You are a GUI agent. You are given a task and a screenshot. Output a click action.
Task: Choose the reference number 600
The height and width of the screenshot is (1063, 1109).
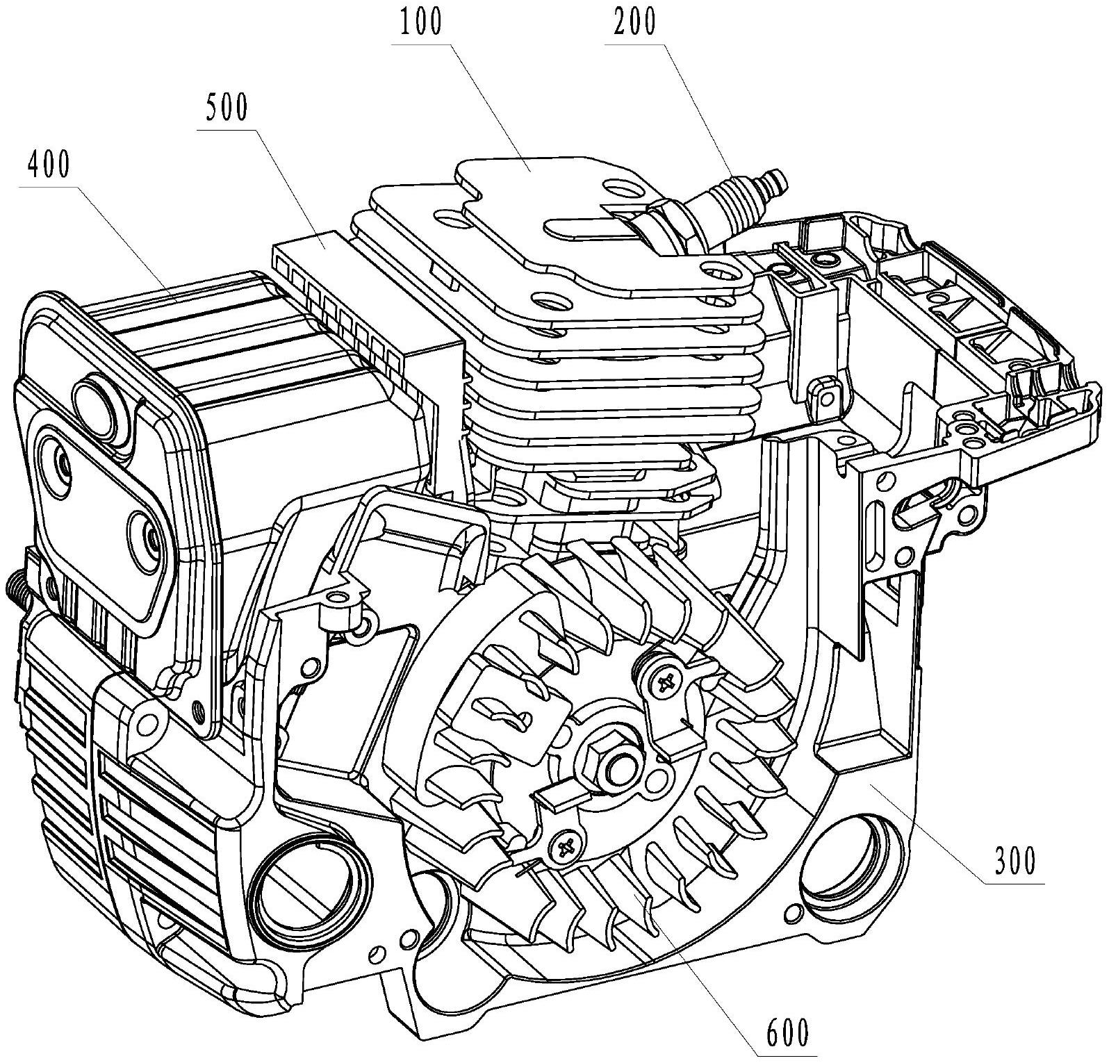pos(787,1033)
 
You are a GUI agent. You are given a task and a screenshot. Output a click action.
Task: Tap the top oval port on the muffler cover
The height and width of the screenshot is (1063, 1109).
pos(104,401)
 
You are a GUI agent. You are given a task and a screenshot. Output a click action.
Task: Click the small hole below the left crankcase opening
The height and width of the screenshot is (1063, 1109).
pos(377,951)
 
